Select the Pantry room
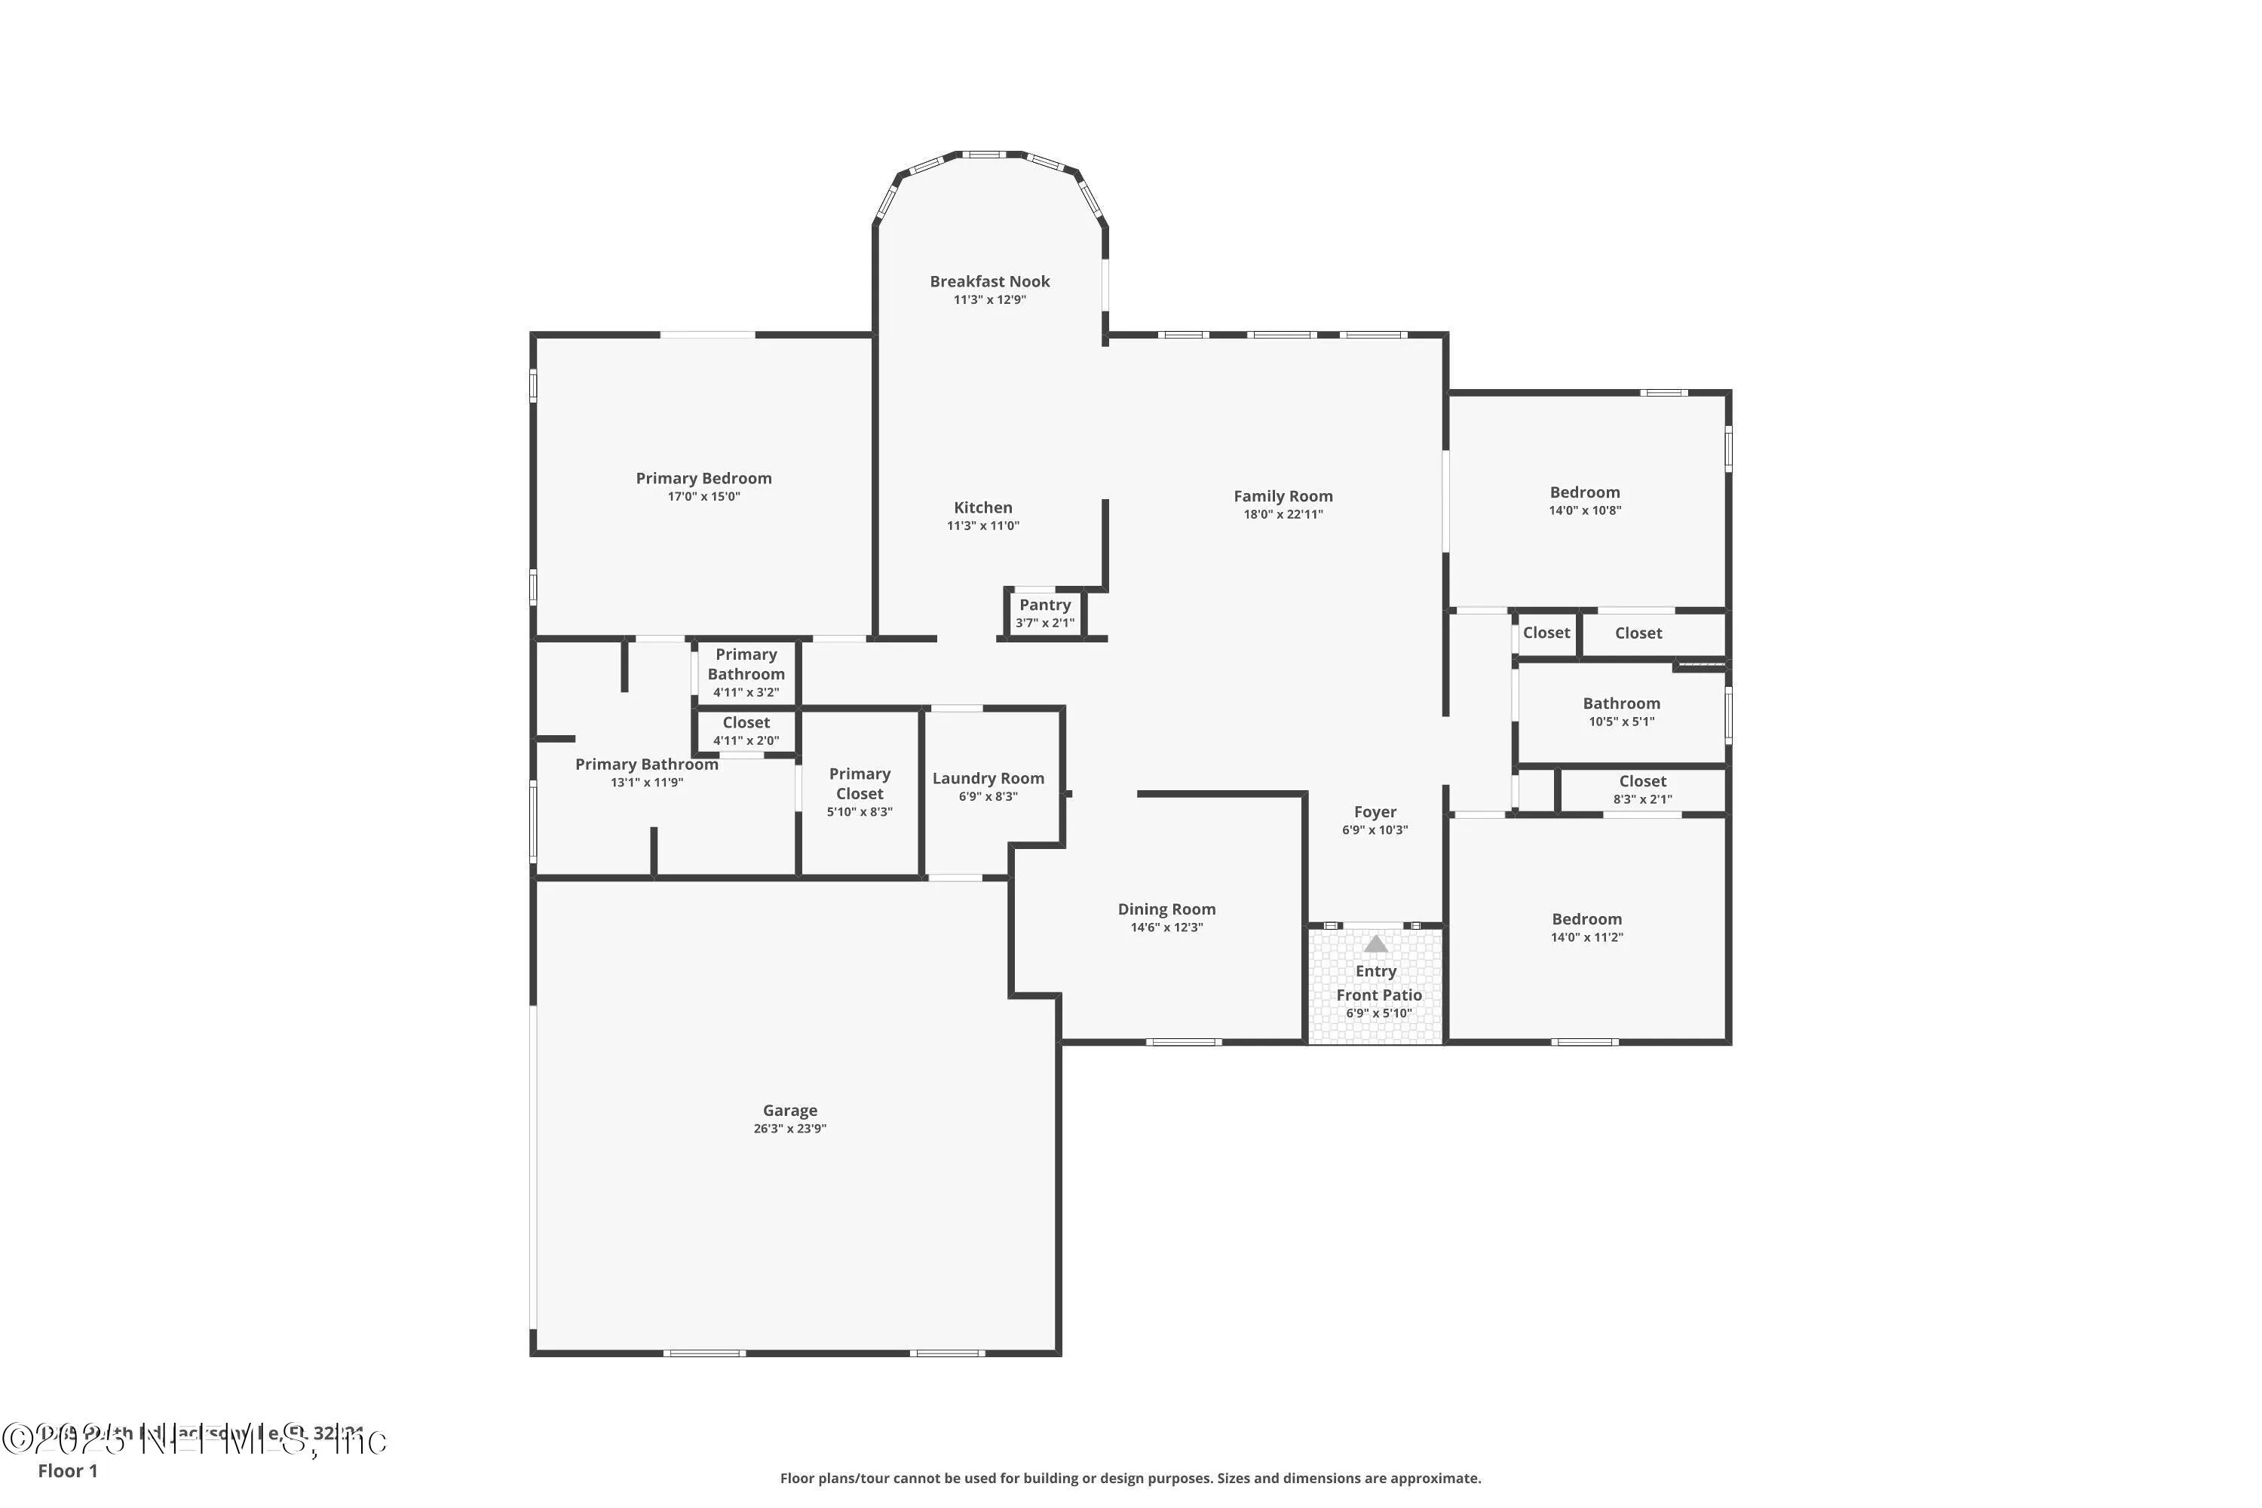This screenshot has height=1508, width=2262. (1044, 612)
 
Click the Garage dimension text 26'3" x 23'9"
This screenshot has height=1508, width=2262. (789, 1129)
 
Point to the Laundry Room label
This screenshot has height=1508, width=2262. (988, 779)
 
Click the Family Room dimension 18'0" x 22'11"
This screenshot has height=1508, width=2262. (1283, 514)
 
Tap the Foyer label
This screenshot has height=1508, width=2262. (1375, 813)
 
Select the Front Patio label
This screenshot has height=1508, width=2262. (1378, 995)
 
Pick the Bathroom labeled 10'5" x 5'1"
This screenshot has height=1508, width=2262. (1622, 712)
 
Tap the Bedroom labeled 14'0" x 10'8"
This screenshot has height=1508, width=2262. (1584, 500)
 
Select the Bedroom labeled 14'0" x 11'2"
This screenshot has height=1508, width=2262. (1586, 927)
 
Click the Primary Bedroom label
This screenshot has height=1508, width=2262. (703, 479)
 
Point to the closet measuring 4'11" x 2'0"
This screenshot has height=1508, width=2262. (746, 731)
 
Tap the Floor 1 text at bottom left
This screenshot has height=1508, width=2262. (67, 1470)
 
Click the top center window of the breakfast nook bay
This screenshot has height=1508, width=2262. (985, 154)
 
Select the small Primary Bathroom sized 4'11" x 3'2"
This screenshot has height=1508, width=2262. (746, 673)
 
